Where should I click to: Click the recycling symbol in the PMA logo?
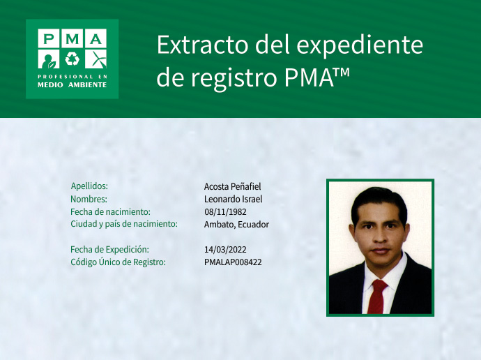[72, 58]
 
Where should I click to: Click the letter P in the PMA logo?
[48, 39]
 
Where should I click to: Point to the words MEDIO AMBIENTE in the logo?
[72, 84]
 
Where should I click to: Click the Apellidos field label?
[89, 186]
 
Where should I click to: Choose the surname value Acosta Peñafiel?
[232, 186]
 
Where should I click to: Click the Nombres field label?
[89, 199]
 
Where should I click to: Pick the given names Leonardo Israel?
[233, 199]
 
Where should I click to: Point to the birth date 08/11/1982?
[225, 211]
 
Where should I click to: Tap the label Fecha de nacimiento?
[110, 211]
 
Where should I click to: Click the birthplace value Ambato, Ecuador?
[236, 224]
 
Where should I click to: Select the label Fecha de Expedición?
[109, 249]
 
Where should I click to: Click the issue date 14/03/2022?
[225, 249]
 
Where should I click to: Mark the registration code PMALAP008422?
[233, 262]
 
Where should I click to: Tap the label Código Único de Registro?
[118, 262]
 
